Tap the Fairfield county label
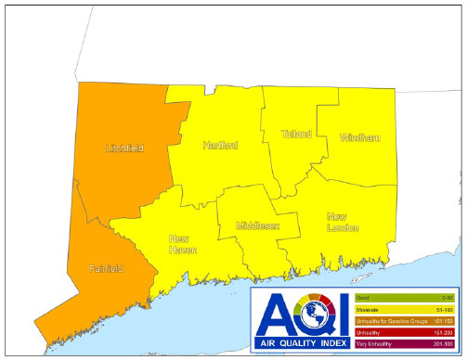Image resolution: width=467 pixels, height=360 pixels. click(105, 269)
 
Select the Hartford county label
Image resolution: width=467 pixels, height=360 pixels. click(220, 146)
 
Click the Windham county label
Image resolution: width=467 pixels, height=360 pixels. click(360, 138)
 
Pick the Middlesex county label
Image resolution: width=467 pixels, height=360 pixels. click(257, 225)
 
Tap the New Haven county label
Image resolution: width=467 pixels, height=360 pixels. click(184, 244)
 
